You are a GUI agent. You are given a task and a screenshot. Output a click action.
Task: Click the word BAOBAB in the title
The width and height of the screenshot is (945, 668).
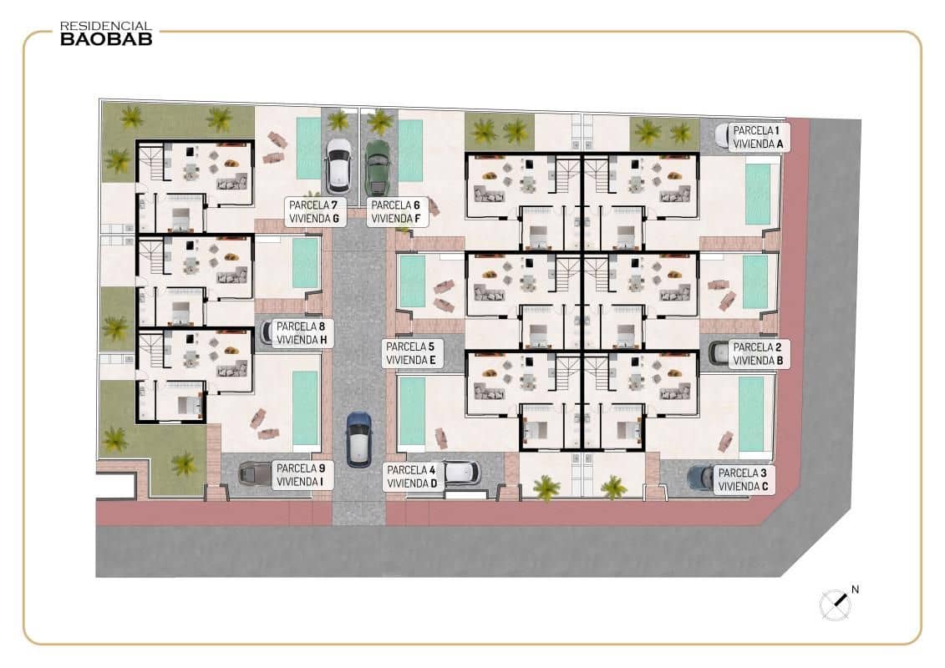(106, 38)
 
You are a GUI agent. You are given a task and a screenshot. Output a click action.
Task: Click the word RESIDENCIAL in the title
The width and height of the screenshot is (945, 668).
(106, 27)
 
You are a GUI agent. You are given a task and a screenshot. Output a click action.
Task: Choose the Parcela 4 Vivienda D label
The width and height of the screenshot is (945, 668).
(412, 477)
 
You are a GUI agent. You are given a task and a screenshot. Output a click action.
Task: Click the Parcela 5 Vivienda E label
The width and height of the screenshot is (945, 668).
(410, 353)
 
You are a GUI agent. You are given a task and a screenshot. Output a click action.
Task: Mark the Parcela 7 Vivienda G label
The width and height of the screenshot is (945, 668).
(312, 211)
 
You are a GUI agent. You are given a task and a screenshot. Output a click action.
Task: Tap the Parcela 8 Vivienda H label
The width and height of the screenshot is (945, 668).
(303, 333)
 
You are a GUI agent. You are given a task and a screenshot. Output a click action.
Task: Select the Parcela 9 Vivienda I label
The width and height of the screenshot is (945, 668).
(303, 475)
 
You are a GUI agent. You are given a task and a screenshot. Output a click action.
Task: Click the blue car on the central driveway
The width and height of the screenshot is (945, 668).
(358, 438)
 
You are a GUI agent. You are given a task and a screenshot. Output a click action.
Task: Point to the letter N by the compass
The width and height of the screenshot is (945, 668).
(855, 590)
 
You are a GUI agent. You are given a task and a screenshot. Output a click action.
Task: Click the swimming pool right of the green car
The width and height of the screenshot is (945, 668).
(410, 150)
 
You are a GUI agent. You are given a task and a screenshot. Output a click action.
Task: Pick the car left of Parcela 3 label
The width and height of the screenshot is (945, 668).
(700, 478)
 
